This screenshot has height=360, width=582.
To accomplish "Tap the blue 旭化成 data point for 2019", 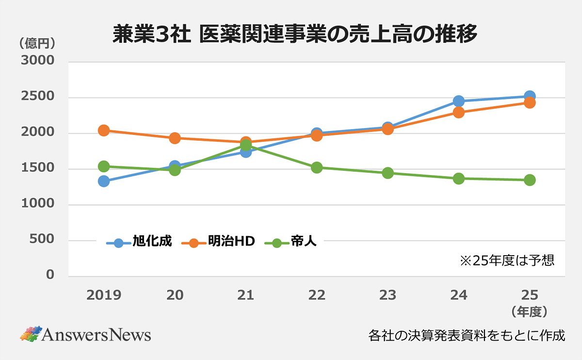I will coord(103,181).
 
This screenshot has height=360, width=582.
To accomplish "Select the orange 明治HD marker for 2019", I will coord(103,131).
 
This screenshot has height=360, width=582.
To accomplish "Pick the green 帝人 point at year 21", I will coord(245,146).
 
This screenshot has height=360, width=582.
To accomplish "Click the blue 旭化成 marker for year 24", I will coord(458,101).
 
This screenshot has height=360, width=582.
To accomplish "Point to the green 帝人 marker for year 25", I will coord(530,180).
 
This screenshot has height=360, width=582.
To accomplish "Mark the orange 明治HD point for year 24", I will coord(458,113).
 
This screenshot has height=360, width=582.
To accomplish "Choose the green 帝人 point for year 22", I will coord(317,167).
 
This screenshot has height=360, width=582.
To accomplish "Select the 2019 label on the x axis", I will coord(103,295).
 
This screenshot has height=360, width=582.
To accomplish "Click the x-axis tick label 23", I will coord(388,295).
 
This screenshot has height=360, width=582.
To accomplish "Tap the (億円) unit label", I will coord(37,43).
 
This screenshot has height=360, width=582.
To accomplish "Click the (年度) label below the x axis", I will coord(529,311).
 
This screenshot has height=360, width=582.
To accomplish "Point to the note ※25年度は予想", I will coord(507,261).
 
